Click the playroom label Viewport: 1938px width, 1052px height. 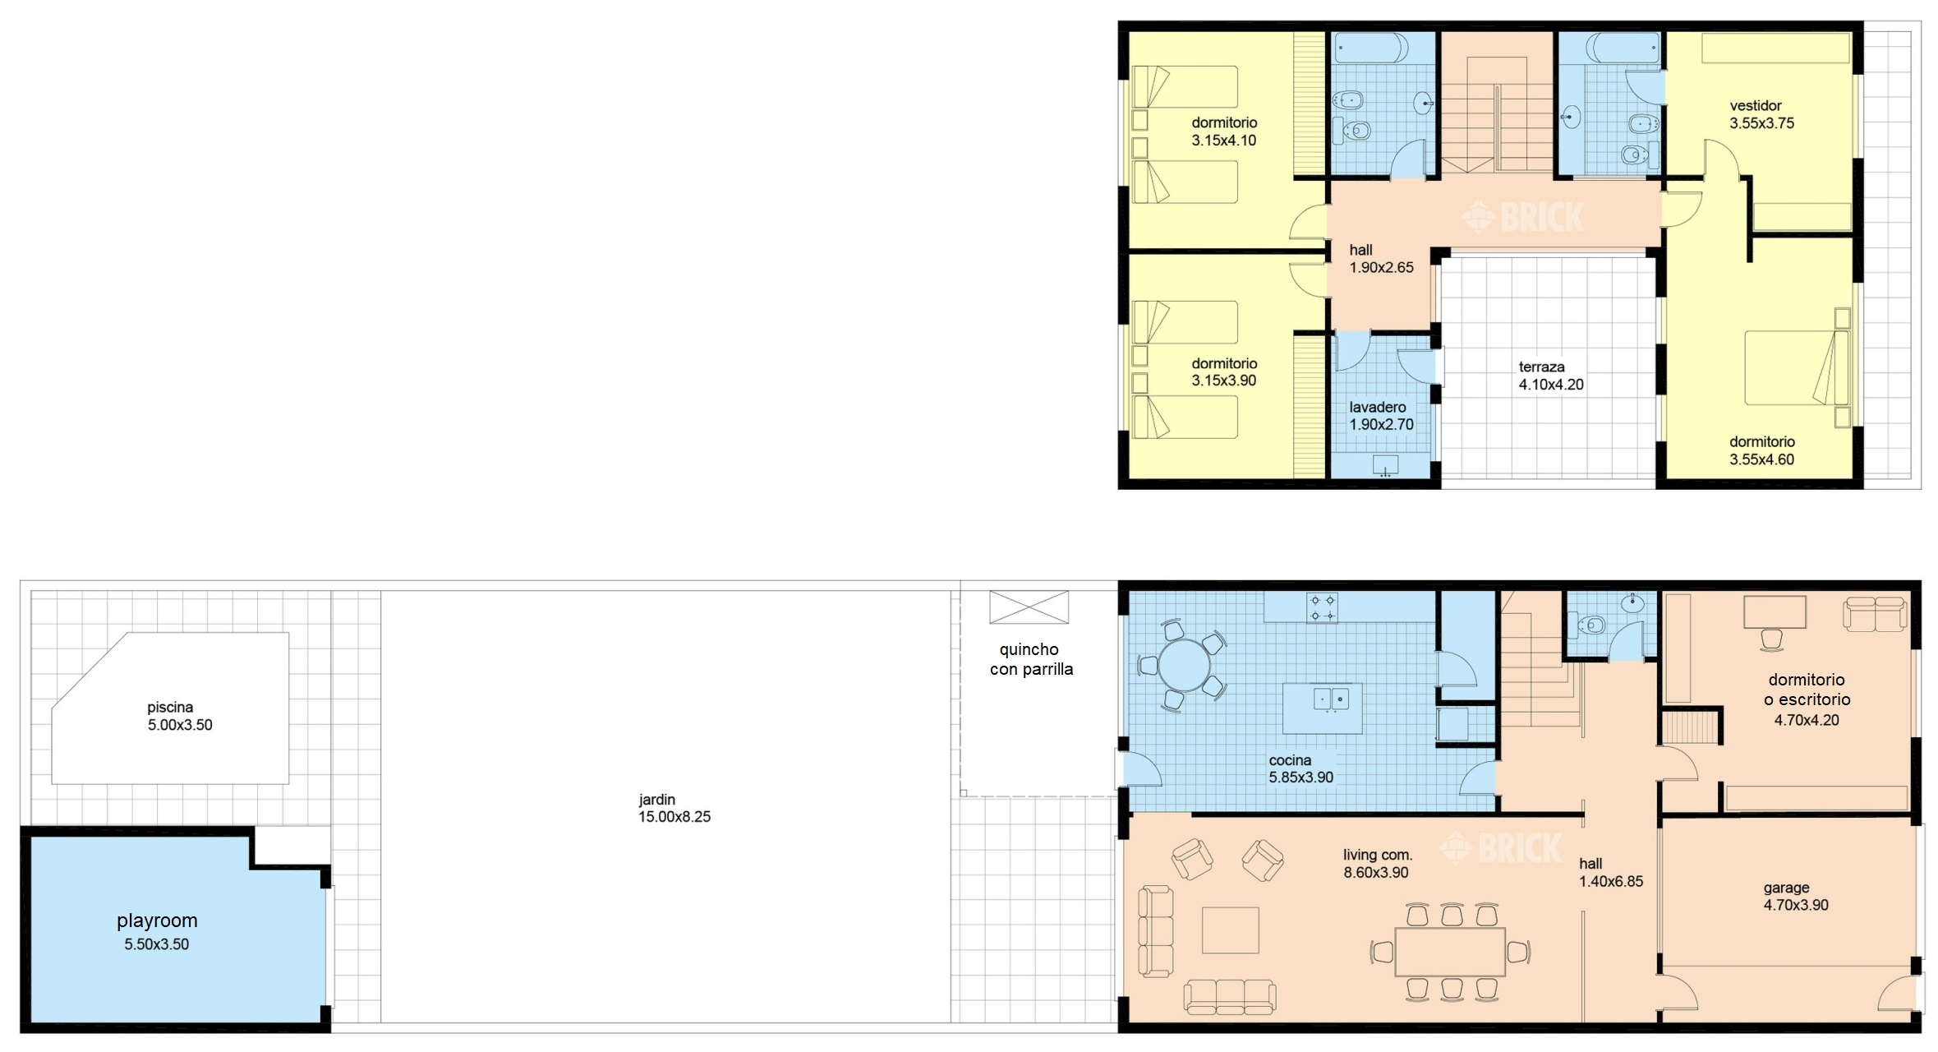click(157, 920)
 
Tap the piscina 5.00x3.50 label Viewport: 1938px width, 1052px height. click(180, 716)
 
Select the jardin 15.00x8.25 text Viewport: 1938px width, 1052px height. click(674, 808)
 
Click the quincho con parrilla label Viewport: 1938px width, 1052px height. click(1031, 659)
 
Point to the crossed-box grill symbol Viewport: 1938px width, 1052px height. click(1029, 607)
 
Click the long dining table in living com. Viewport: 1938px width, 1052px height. click(1450, 952)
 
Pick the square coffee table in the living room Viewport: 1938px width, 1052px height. click(1230, 930)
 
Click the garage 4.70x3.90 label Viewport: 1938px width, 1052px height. click(1796, 896)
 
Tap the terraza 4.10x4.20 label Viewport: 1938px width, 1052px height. click(1551, 376)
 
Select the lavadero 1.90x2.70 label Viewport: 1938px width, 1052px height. click(1381, 416)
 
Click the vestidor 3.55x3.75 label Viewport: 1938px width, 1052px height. click(1762, 114)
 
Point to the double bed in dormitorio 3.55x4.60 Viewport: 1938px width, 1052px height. click(1796, 367)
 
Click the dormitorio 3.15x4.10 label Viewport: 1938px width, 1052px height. click(1224, 131)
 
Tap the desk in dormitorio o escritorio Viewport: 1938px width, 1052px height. click(1775, 612)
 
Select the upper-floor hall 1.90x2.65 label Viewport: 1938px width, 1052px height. click(1381, 258)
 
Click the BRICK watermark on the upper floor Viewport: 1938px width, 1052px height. click(1522, 218)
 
